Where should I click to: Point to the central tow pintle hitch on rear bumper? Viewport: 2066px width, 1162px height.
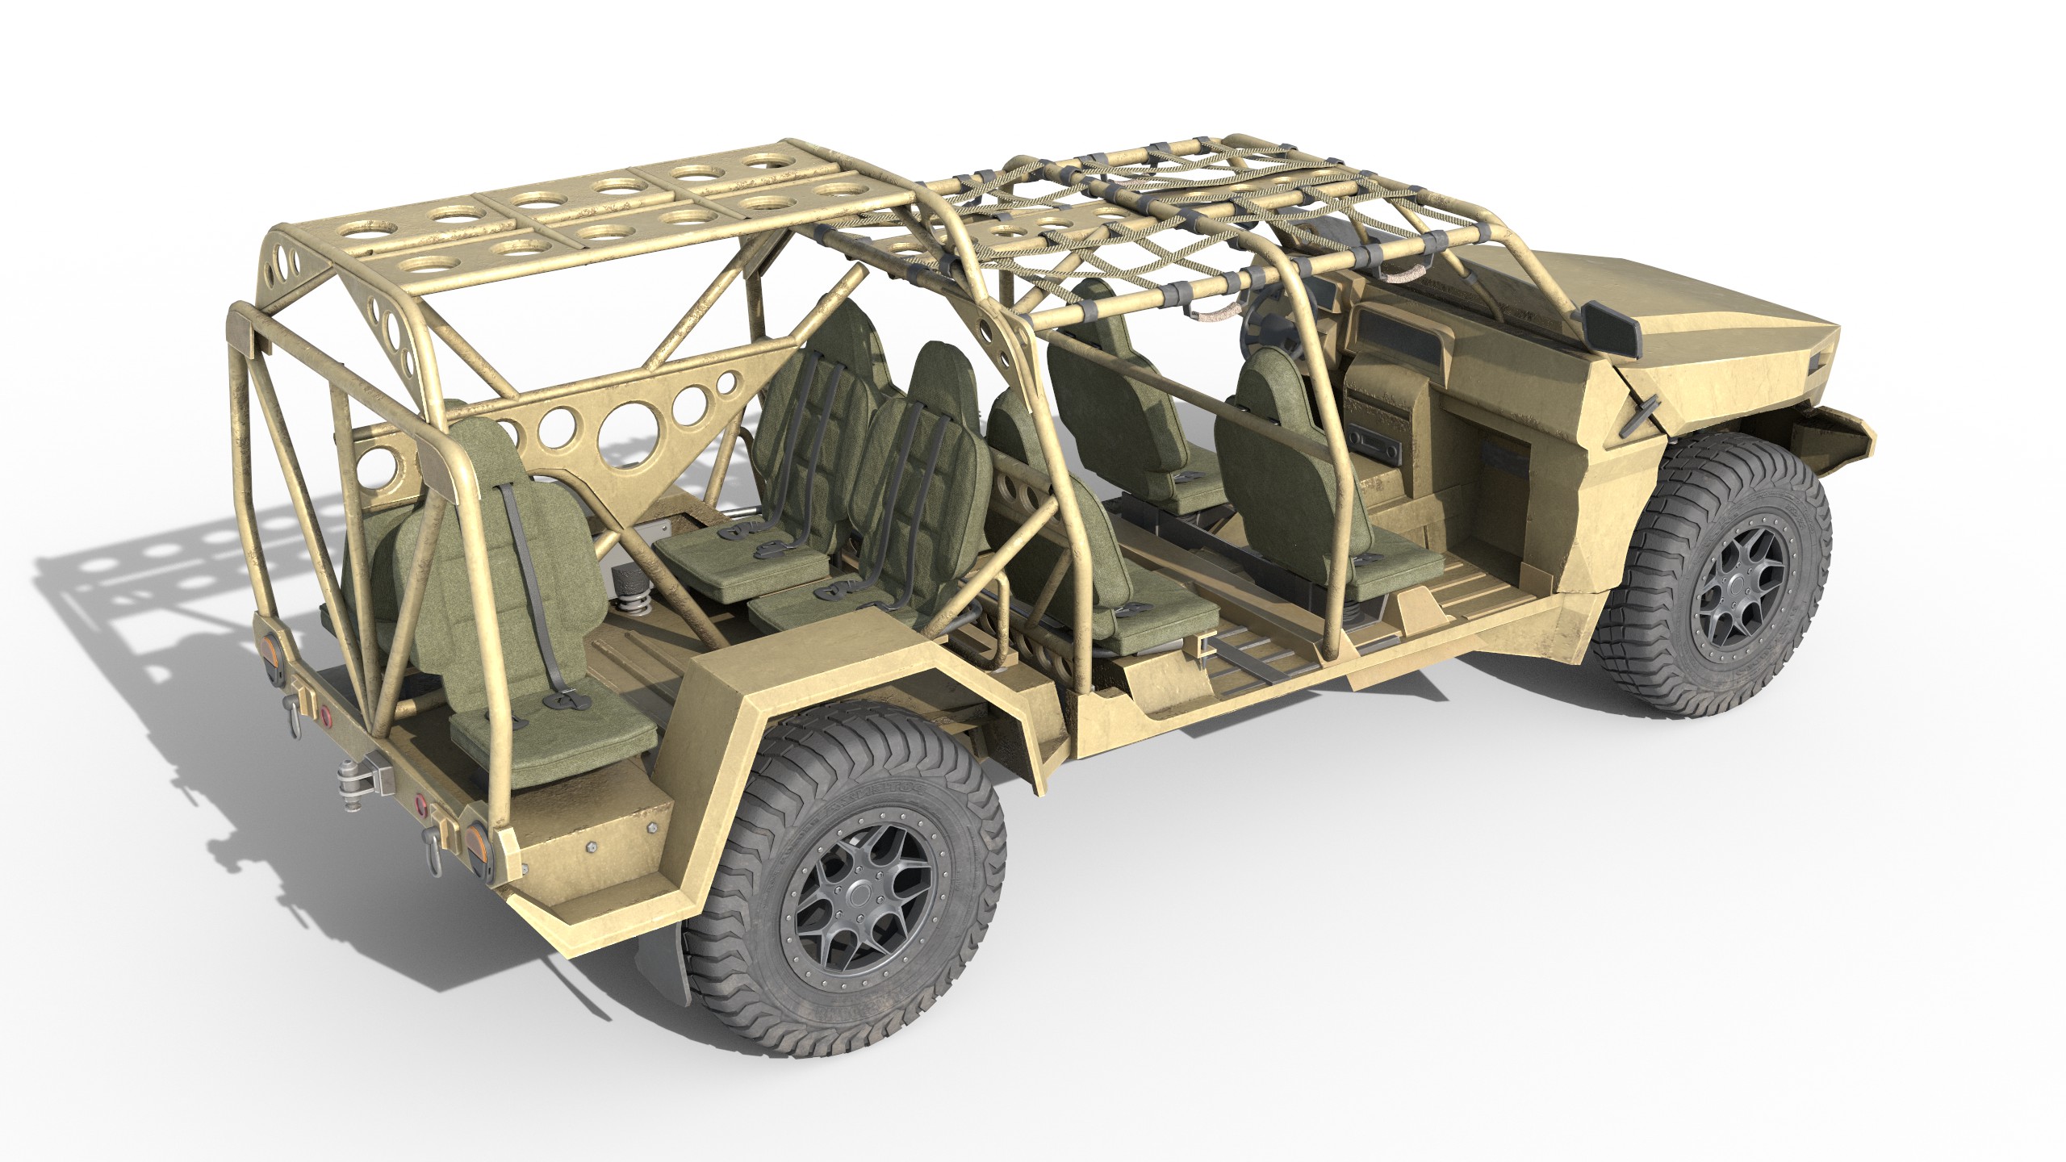tap(356, 780)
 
